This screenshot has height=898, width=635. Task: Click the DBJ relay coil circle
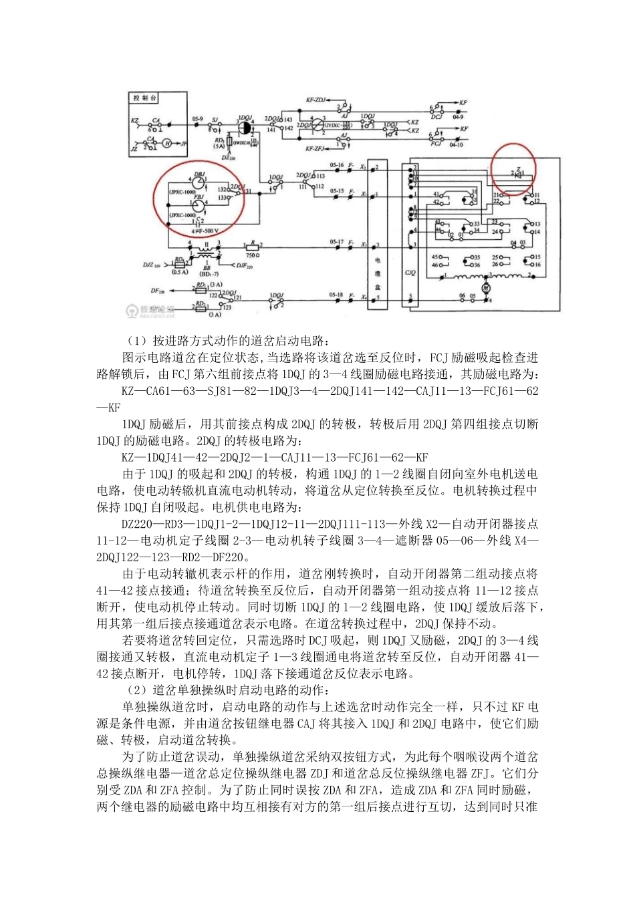199,182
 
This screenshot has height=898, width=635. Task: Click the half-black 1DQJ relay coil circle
244,127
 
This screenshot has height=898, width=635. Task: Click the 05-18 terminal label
336,294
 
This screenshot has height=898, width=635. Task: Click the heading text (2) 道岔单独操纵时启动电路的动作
228,690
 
